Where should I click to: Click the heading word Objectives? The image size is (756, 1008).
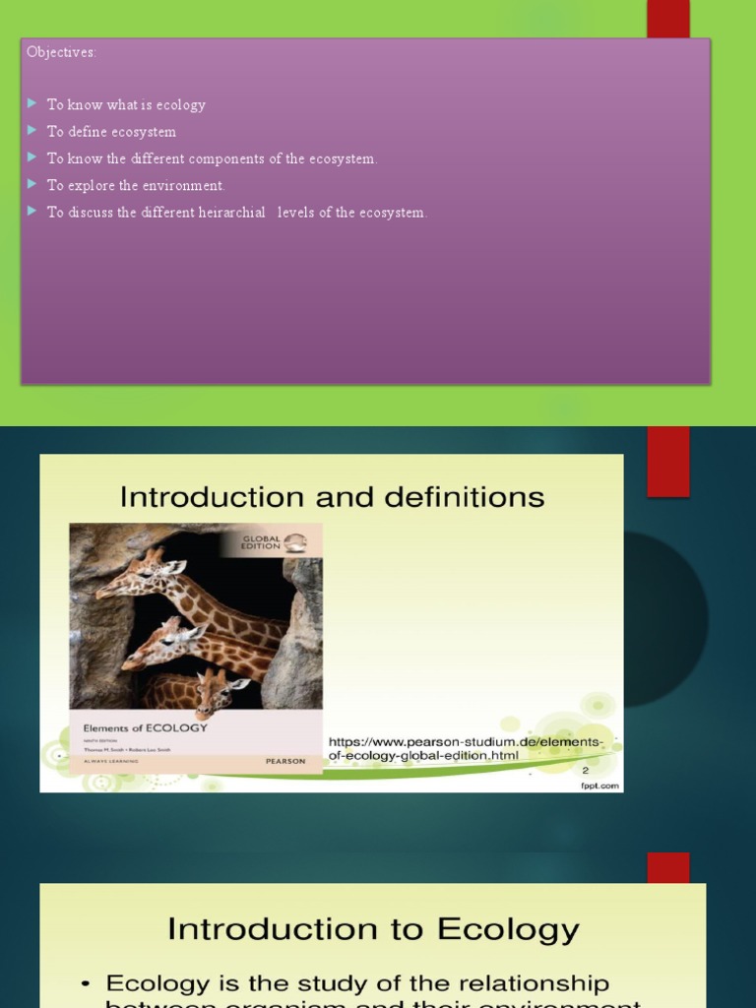[61, 52]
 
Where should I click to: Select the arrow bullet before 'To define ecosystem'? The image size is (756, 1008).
[32, 130]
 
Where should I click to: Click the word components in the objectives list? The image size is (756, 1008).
[228, 158]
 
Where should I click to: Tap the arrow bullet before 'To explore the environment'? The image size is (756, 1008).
[32, 184]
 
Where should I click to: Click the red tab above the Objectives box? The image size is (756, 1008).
[667, 19]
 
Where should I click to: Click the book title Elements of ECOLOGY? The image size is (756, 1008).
[145, 727]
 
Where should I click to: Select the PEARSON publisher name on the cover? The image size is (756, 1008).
[285, 761]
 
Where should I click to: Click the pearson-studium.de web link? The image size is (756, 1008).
[464, 748]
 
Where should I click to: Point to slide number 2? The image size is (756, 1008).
[585, 770]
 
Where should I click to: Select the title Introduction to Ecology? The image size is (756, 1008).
[373, 928]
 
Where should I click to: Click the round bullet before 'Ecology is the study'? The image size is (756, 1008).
[88, 983]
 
